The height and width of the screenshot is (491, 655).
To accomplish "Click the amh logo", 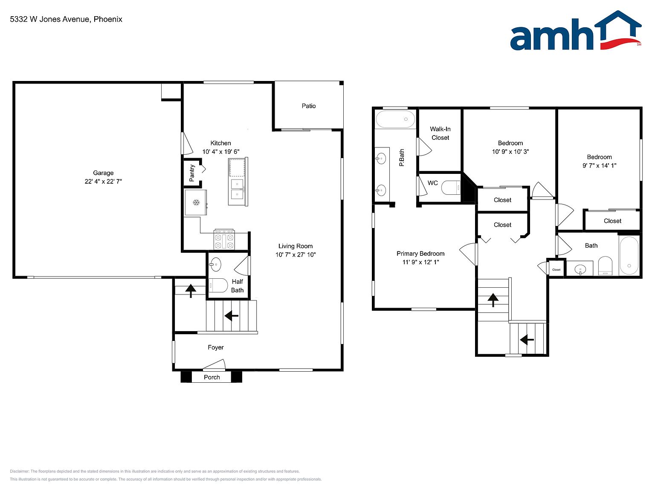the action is click(576, 31).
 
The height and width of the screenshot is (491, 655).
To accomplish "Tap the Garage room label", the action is click(103, 173).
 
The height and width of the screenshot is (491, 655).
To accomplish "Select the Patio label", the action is click(309, 106).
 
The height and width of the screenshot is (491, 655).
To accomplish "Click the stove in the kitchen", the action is click(224, 239).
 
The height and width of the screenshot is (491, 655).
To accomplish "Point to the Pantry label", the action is click(192, 173).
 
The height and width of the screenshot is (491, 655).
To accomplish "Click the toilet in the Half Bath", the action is click(218, 285).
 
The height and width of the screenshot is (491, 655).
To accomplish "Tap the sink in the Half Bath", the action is click(215, 264).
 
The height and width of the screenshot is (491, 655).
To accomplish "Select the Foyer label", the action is click(215, 347).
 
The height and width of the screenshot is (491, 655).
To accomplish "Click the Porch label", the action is click(212, 377).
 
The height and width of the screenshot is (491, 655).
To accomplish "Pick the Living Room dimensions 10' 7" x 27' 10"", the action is click(296, 254).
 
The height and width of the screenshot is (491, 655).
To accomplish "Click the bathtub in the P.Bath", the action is click(395, 119).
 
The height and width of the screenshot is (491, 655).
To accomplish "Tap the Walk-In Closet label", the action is click(440, 133).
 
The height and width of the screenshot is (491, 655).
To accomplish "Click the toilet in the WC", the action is click(451, 188).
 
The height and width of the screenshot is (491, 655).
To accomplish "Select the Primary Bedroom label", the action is click(420, 254).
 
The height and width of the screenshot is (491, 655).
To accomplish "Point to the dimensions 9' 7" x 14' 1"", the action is click(599, 165).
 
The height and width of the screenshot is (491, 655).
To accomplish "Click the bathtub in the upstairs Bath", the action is click(629, 256).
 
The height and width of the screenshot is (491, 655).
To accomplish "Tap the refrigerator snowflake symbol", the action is click(196, 203).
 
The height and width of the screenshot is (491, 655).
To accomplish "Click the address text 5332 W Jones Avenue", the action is click(50, 19).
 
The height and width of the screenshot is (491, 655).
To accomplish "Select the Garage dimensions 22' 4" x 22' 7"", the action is click(103, 181).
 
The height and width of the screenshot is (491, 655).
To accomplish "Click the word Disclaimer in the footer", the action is click(19, 471).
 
